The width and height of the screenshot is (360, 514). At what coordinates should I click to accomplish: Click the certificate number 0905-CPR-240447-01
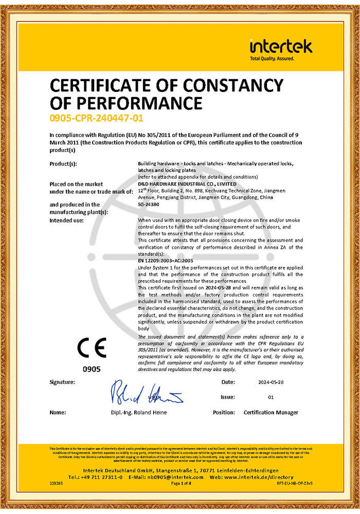pos(96,118)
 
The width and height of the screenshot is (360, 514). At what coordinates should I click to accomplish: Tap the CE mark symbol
pos(92,348)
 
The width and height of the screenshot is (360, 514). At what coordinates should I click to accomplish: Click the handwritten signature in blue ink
pos(147,392)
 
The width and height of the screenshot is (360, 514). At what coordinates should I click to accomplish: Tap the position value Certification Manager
pos(271,413)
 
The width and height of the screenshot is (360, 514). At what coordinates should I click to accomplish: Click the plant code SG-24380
pos(149,204)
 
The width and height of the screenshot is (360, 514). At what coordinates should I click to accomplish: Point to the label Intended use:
pos(67,220)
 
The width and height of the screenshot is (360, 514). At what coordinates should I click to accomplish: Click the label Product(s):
pos(63,163)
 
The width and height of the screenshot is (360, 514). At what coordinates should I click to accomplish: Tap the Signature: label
pos(62,382)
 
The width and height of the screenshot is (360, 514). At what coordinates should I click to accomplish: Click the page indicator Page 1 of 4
pos(181,484)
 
